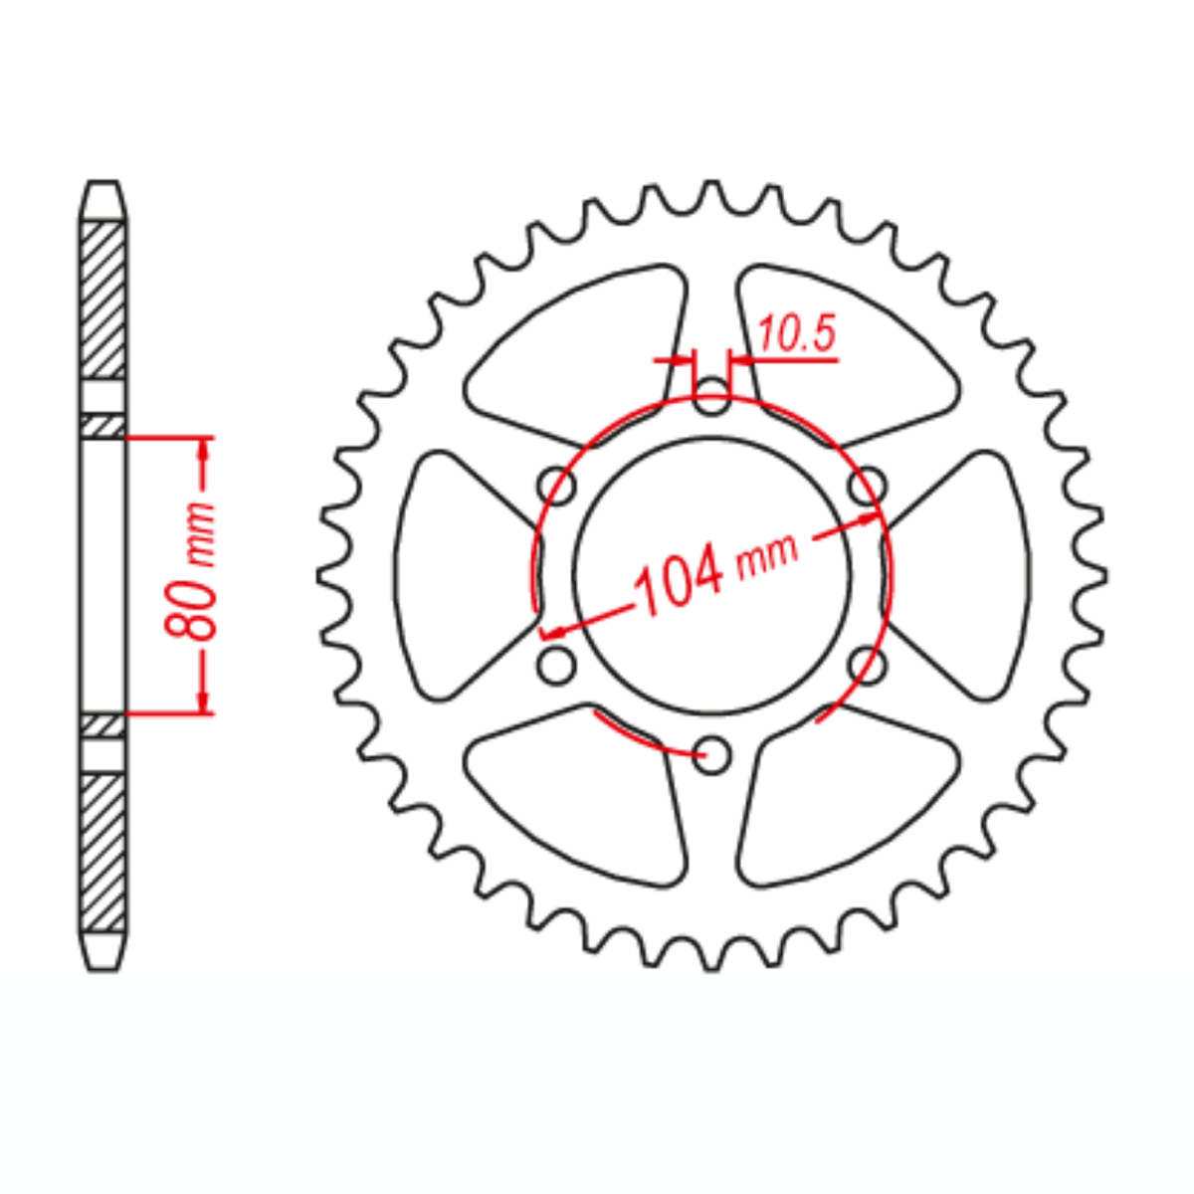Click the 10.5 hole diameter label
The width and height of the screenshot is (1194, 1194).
coord(797,336)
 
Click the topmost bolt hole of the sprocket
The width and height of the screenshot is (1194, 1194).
coord(711,398)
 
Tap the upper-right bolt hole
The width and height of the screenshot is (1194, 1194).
coord(868,487)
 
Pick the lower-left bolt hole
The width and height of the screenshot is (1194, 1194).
coord(557,666)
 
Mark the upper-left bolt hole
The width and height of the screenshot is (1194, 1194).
coord(557,488)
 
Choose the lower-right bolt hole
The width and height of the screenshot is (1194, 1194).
coord(868,666)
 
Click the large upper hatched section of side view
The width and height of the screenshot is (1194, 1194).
coord(102,298)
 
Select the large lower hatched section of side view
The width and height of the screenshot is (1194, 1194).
coord(102,851)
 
